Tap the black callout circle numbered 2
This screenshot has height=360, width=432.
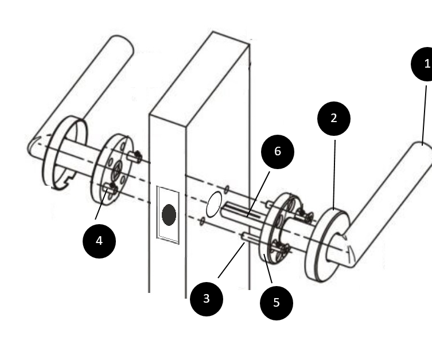tap(334, 119)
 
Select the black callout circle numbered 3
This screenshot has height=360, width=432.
tap(207, 298)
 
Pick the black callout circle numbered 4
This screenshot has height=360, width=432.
tap(99, 241)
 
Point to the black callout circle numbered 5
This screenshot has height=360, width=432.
tap(277, 302)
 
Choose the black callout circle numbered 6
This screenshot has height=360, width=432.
tap(278, 151)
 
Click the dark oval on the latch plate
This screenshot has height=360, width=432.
tap(169, 214)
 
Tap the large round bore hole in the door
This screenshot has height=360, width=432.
tap(213, 204)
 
